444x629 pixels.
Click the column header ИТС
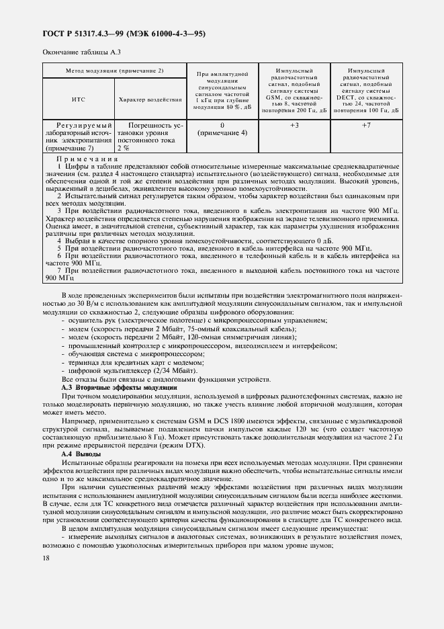click(78, 99)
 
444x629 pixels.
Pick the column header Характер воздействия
click(150, 99)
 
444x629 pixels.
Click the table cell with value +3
click(294, 126)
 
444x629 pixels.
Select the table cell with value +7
click(366, 126)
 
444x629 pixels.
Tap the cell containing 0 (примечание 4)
click(222, 129)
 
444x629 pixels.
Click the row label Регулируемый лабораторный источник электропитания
click(78, 137)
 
